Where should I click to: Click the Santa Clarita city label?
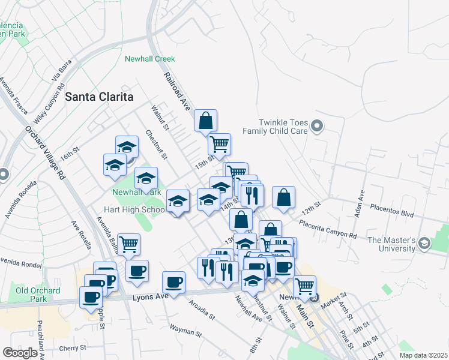click(98, 96)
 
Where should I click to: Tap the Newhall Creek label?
click(149, 59)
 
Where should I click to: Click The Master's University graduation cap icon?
click(425, 243)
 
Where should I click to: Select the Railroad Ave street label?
click(177, 91)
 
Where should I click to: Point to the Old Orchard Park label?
click(31, 295)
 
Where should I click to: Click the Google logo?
click(20, 353)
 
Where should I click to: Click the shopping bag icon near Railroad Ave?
click(205, 121)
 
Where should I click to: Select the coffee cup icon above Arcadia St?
click(174, 282)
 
